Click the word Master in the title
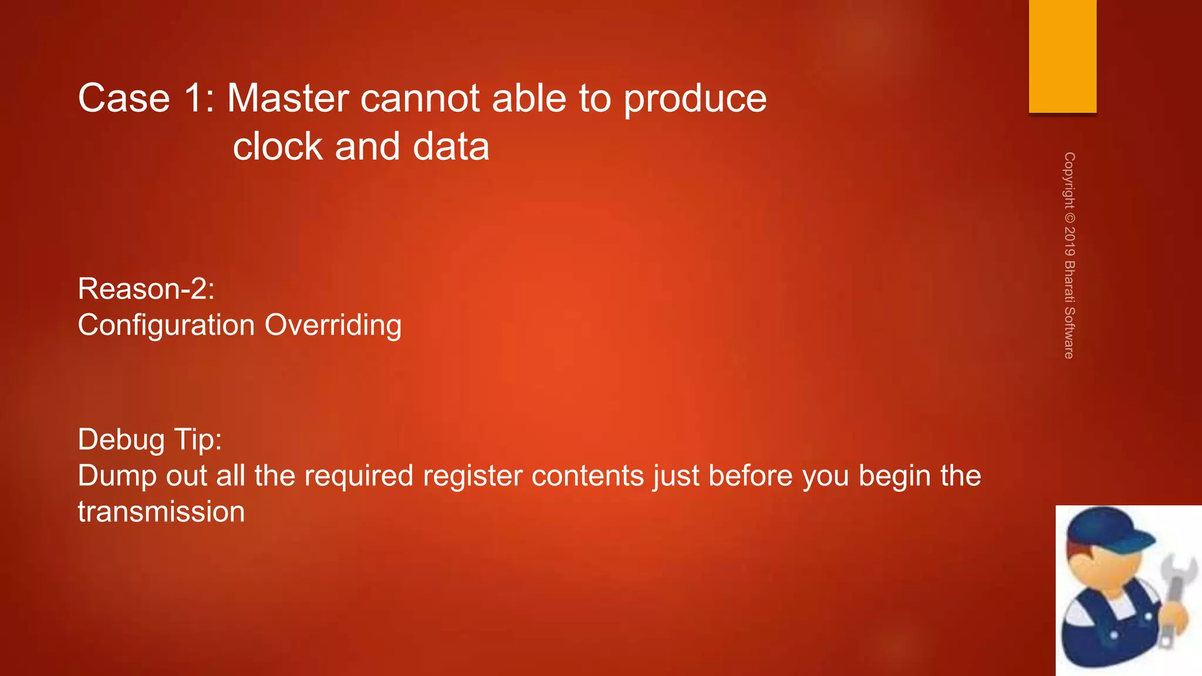click(288, 98)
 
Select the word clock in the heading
click(278, 146)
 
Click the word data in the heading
click(451, 146)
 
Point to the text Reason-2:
click(146, 289)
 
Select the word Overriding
click(333, 326)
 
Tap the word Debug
click(121, 440)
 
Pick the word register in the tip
click(472, 476)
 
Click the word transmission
click(161, 512)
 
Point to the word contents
click(588, 476)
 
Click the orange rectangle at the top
click(1062, 56)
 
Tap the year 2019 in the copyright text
click(1069, 241)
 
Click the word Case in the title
click(124, 98)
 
